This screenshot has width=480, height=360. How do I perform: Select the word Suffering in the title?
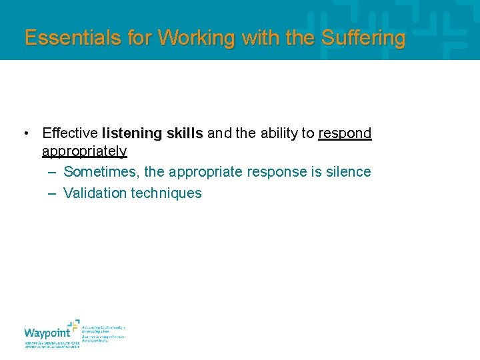[x=363, y=38]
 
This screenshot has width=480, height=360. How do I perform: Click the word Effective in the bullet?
[x=70, y=133]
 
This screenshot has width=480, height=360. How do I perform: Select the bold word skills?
[x=185, y=133]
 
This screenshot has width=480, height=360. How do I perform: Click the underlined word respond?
[x=345, y=133]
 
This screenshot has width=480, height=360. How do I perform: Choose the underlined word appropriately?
[x=84, y=151]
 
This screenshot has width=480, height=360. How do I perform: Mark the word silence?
[x=348, y=172]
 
